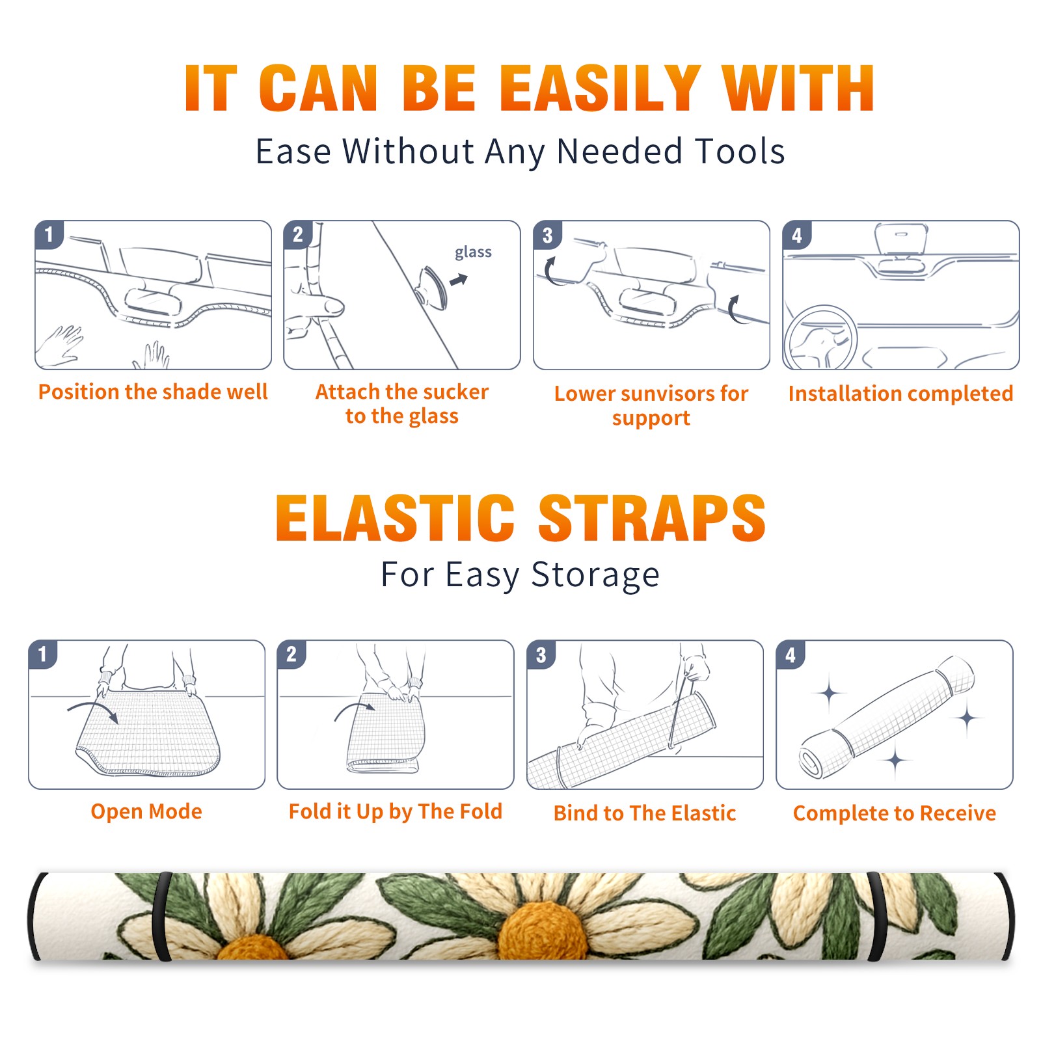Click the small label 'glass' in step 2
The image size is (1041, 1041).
(473, 252)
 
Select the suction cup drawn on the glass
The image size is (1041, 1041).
(432, 286)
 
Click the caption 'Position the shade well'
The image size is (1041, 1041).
(153, 392)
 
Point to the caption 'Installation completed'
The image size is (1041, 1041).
(900, 393)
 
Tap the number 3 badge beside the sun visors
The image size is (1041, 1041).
(547, 235)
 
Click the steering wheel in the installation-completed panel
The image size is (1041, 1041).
(821, 338)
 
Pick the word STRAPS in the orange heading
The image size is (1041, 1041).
(652, 518)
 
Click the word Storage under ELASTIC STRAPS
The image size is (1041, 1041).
(595, 575)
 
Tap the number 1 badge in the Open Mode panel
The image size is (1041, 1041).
(43, 654)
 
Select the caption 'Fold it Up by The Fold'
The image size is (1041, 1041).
(396, 811)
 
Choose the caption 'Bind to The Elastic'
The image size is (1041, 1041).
(645, 813)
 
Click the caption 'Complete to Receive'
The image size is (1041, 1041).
(895, 813)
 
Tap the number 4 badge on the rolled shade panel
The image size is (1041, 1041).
(791, 655)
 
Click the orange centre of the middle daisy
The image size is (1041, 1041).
(542, 930)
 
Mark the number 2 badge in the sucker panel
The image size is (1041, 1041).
(298, 235)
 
